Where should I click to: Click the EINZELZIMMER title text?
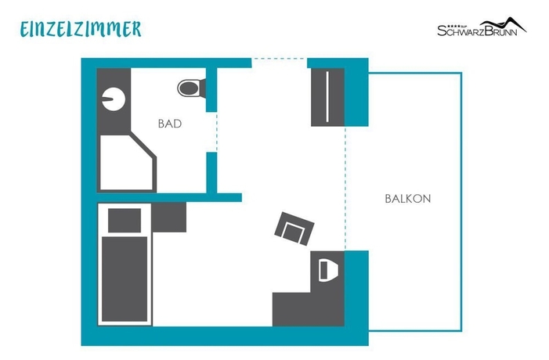point(81,29)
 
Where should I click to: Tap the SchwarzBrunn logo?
point(481,28)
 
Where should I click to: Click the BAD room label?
point(170,124)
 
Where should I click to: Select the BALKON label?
point(407,199)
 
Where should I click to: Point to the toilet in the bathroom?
point(189,88)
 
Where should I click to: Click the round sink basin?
point(112,99)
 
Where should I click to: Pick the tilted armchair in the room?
point(294,229)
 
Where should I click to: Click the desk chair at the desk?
point(327,268)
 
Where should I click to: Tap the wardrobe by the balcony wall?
point(327,97)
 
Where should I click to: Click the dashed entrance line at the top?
point(279,59)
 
